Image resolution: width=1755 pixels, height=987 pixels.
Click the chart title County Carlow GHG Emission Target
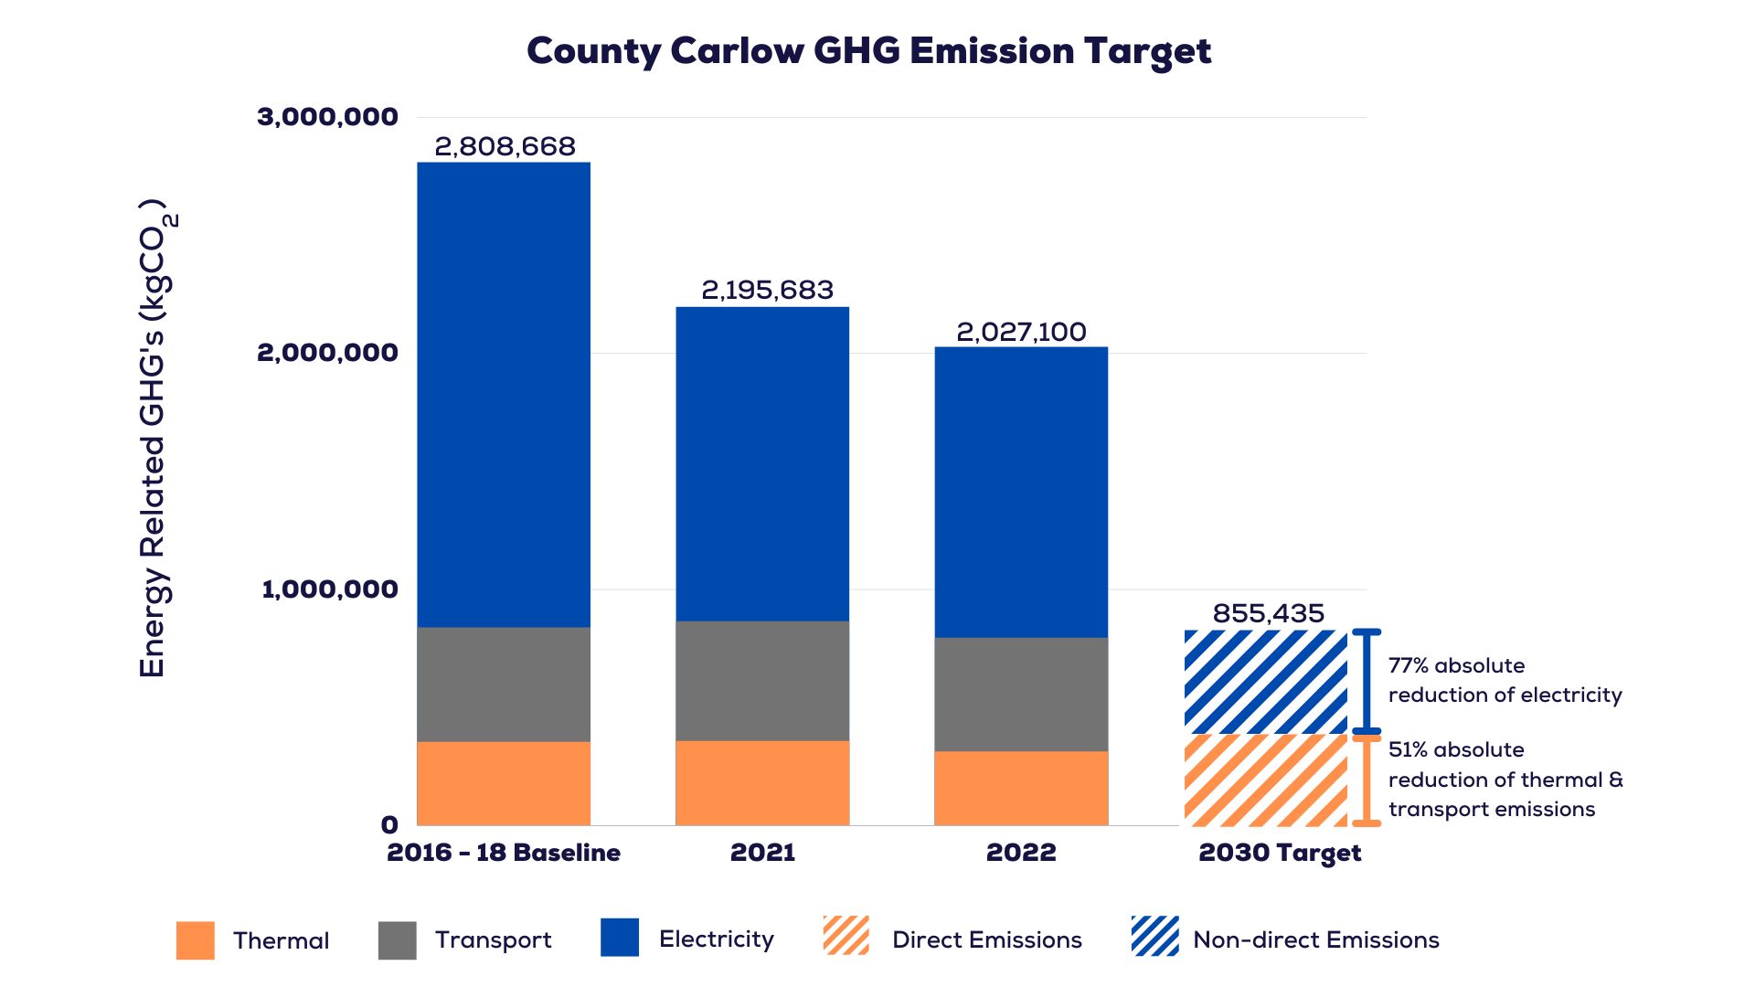868,51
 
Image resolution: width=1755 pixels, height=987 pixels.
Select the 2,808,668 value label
505,146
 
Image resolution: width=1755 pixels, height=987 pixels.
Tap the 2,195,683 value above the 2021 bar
767,290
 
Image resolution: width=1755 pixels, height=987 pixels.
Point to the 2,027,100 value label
1021,332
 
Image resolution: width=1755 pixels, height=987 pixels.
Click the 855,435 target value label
1268,613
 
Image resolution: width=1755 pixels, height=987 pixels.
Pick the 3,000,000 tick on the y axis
327,117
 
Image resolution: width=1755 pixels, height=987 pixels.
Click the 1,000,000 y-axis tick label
330,589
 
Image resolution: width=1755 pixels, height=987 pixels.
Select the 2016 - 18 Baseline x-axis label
504,853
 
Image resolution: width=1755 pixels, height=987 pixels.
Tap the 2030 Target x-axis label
1280,854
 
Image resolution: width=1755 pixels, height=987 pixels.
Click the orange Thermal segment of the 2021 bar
762,782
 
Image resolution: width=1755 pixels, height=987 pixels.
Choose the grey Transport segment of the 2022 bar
1021,695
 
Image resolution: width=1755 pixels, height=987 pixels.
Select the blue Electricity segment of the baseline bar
504,395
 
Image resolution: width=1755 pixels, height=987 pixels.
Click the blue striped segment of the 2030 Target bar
1266,682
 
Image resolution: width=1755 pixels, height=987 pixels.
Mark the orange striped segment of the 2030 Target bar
1266,780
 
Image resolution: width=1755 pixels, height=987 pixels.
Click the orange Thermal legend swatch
196,939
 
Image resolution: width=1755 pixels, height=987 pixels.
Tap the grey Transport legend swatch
398,939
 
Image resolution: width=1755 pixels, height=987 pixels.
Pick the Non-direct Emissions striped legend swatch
1154,936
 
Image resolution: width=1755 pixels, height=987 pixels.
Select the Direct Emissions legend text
987,939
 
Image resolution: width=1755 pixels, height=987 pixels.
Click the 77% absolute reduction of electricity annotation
1505,681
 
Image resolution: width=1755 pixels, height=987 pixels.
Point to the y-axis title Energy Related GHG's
154,439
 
